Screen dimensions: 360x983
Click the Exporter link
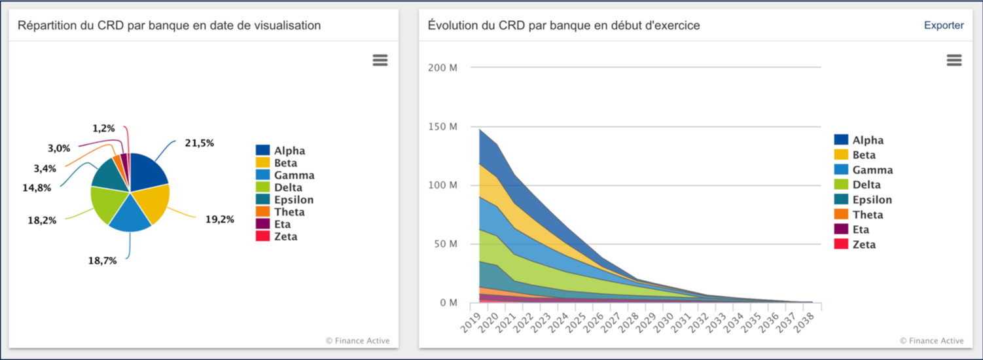[943, 26]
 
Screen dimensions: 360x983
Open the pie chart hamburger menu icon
[380, 60]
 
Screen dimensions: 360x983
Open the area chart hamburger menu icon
[954, 60]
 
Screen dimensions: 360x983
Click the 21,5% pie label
[199, 143]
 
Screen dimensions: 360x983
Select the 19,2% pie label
[220, 219]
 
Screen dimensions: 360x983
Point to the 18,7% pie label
[102, 261]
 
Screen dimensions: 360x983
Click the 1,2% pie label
[103, 128]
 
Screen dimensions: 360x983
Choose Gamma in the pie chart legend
[294, 175]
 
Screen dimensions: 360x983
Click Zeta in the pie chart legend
[285, 236]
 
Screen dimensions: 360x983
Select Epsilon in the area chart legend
[872, 200]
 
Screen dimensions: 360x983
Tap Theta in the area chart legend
[867, 215]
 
